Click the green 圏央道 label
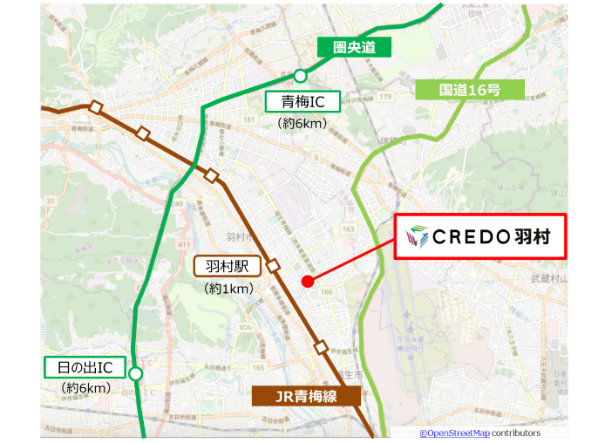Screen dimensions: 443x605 (x=353, y=47)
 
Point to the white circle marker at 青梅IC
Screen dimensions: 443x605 (x=301, y=75)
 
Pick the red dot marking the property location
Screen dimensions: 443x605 (x=307, y=281)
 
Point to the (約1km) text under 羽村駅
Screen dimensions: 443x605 (x=229, y=288)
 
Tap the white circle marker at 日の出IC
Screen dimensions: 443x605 (x=135, y=374)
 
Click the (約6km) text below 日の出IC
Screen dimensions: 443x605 (x=85, y=387)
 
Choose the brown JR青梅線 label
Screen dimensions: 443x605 (x=306, y=397)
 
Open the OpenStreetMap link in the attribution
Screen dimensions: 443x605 (x=453, y=433)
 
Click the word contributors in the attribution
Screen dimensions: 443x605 (x=516, y=433)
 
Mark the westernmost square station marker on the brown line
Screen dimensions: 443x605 (x=96, y=107)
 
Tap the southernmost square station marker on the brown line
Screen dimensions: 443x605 (x=322, y=348)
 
